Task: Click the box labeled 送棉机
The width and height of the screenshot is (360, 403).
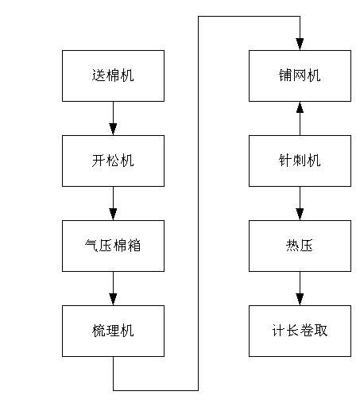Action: [113, 76]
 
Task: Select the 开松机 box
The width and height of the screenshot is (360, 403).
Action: [113, 161]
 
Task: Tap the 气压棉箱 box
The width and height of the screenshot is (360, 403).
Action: [113, 246]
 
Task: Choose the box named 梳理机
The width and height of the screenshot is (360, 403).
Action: [113, 330]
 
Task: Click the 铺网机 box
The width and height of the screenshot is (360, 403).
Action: [300, 76]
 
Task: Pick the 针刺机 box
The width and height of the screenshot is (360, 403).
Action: [300, 161]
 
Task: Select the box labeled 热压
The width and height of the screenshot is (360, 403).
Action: [300, 246]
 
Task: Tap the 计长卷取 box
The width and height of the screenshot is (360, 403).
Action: [300, 330]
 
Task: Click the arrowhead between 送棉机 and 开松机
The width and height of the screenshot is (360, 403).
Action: [113, 129]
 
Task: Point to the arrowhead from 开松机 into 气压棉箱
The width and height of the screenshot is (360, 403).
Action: [113, 214]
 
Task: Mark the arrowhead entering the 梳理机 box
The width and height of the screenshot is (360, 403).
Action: [113, 299]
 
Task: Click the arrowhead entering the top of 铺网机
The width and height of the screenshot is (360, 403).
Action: [300, 44]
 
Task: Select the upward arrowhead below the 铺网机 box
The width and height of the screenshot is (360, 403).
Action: [300, 107]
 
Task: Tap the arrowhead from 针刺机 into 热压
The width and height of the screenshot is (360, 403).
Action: [300, 214]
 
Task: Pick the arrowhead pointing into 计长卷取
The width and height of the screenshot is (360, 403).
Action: [300, 299]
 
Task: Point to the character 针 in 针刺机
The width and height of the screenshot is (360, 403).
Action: [285, 161]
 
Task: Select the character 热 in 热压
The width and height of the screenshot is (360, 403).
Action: [292, 246]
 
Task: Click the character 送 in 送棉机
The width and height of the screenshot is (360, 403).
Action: [99, 76]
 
